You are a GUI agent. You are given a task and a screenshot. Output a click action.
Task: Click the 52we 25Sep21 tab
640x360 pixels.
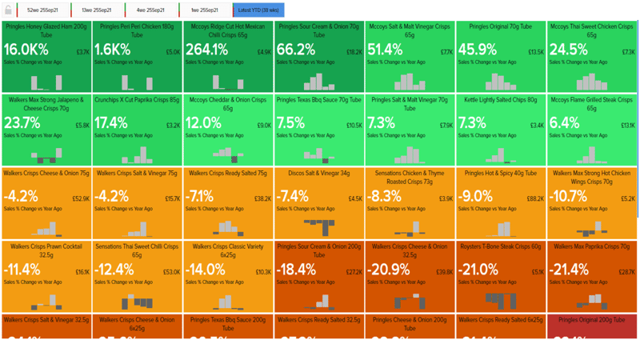coord(41,10)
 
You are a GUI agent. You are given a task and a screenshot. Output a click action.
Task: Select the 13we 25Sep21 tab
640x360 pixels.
coord(96,10)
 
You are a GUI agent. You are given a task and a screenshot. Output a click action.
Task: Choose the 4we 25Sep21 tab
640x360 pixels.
coord(150,10)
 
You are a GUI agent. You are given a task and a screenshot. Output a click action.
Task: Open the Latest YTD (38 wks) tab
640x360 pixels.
coord(258,10)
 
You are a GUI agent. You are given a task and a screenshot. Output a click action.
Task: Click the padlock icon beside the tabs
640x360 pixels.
coord(8,10)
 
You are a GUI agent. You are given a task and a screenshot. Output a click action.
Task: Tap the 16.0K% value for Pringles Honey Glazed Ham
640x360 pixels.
coord(26,50)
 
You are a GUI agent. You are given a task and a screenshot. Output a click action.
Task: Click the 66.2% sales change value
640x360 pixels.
coord(293,50)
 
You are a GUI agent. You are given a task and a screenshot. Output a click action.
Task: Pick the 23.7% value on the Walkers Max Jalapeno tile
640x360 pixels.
coord(22,123)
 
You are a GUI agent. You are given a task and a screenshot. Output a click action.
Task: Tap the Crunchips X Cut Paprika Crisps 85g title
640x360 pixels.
coord(137,100)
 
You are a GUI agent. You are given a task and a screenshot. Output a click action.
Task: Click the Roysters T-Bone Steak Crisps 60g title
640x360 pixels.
coord(501,246)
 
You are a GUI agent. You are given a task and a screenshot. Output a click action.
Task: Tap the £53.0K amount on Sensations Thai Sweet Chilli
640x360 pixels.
coord(171,272)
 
